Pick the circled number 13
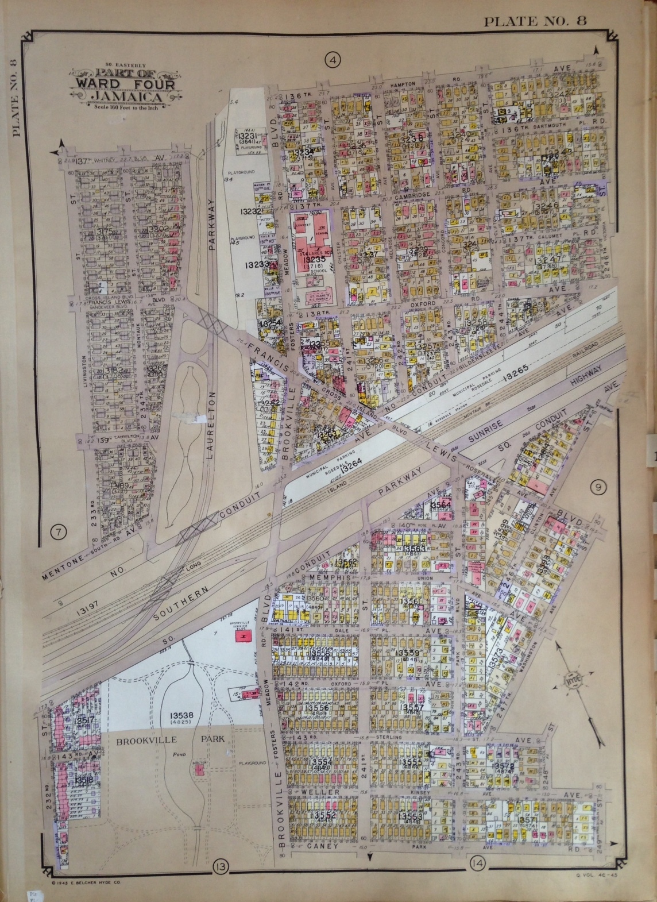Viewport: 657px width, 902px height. click(219, 866)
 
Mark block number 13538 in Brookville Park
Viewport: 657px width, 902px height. click(180, 716)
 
